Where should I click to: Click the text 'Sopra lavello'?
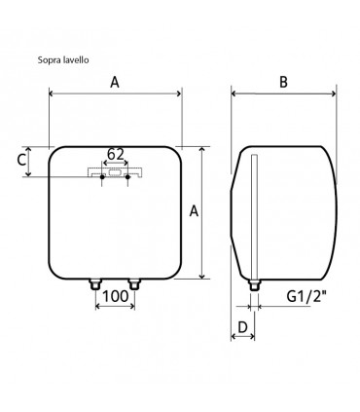pyautogui.click(x=63, y=60)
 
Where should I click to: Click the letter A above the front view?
pyautogui.click(x=115, y=82)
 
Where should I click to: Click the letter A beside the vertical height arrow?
pyautogui.click(x=194, y=211)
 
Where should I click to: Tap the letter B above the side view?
pyautogui.click(x=283, y=82)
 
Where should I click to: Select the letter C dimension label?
pyautogui.click(x=21, y=160)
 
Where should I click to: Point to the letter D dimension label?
pyautogui.click(x=242, y=327)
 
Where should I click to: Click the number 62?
pyautogui.click(x=116, y=154)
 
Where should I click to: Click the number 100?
pyautogui.click(x=116, y=296)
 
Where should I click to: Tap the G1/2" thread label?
pyautogui.click(x=306, y=296)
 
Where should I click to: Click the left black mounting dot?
pyautogui.click(x=102, y=177)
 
